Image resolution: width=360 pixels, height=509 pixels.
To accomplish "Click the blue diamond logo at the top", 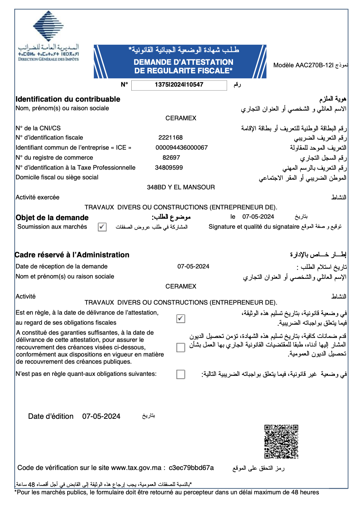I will pyautogui.click(x=48, y=26).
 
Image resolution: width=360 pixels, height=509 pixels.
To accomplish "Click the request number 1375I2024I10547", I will pyautogui.click(x=179, y=85).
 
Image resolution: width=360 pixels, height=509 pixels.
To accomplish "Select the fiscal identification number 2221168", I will pyautogui.click(x=170, y=137).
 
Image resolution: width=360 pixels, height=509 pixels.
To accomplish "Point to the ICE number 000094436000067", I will pyautogui.click(x=181, y=147).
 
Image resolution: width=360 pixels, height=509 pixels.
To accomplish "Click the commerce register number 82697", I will pyautogui.click(x=171, y=157).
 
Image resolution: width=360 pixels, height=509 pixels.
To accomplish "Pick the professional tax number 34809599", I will pyautogui.click(x=169, y=168).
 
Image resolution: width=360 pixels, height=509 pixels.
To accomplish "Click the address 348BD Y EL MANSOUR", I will pyautogui.click(x=181, y=187).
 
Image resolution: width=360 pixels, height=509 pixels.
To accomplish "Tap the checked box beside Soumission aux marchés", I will pyautogui.click(x=102, y=227).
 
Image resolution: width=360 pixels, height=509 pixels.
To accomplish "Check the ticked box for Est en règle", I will pyautogui.click(x=181, y=318).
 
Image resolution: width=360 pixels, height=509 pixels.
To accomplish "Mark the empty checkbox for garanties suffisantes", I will pyautogui.click(x=181, y=347).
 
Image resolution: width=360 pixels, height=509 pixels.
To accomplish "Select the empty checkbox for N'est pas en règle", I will pyautogui.click(x=181, y=374).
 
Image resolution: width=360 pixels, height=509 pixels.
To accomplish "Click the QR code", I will pyautogui.click(x=281, y=441).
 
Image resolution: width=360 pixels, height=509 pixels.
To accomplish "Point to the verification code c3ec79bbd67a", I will pyautogui.click(x=191, y=468).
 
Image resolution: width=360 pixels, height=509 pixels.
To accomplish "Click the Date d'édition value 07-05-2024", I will pyautogui.click(x=101, y=416).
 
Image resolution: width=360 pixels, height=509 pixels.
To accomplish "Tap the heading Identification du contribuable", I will pyautogui.click(x=68, y=99).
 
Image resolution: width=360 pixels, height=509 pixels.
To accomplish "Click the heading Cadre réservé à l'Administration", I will pyautogui.click(x=72, y=255).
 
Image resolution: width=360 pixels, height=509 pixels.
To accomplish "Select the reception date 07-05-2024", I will pyautogui.click(x=193, y=266).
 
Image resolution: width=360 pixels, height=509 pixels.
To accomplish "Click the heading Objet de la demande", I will pyautogui.click(x=52, y=218).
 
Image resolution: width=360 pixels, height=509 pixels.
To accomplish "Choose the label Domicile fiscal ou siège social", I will pyautogui.click(x=57, y=177).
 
